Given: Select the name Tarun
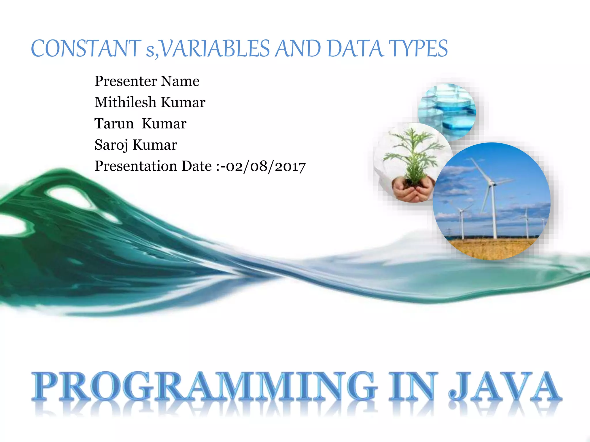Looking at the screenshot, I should click(114, 124).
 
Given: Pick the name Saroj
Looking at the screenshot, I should click(111, 145).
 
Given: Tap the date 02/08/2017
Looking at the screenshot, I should click(266, 166).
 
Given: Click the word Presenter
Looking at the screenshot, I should click(126, 81).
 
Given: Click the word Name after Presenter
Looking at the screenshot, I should click(180, 81).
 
